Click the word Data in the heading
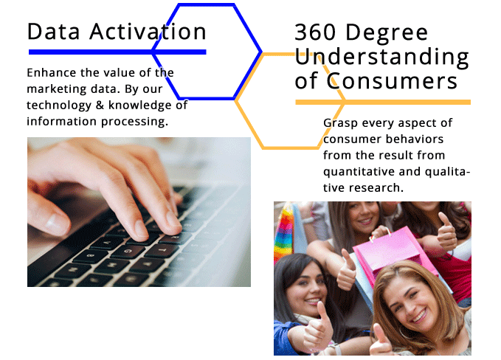[x=53, y=32]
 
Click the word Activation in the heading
[x=148, y=32]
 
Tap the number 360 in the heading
[x=315, y=32]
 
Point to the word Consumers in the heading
[x=392, y=81]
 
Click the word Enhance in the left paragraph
[x=52, y=73]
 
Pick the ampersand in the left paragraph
[x=100, y=105]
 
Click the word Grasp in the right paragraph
[x=340, y=124]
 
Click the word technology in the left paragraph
[x=59, y=105]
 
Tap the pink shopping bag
[x=393, y=252]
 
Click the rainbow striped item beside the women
[x=283, y=232]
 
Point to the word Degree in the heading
[x=387, y=33]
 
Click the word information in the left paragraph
[x=61, y=122]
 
